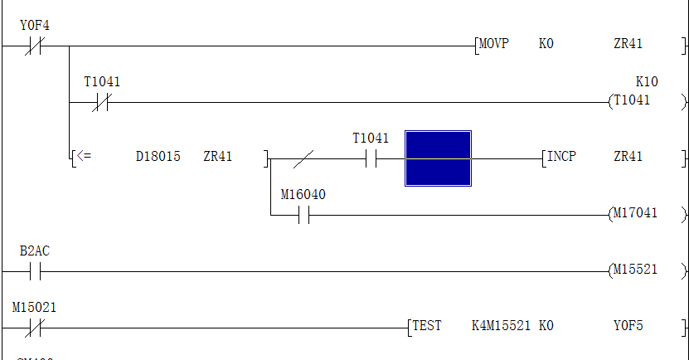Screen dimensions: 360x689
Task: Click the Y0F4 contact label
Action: (x=34, y=26)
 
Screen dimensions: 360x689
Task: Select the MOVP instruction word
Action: (x=495, y=44)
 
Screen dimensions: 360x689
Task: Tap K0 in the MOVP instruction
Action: (x=546, y=44)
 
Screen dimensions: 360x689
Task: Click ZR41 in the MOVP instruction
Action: (x=628, y=44)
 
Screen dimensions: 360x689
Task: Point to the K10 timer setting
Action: (x=646, y=81)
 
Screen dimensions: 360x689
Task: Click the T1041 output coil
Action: (x=633, y=100)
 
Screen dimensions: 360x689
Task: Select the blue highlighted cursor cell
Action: (x=438, y=158)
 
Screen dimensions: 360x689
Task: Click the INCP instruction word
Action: (x=562, y=156)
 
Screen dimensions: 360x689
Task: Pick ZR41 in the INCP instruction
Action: (x=628, y=156)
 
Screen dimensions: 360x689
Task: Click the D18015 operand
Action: (x=158, y=156)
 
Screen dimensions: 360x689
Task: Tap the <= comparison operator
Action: (x=84, y=156)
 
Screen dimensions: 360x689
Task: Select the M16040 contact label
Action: (x=303, y=195)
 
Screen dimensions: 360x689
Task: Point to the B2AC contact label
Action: (x=34, y=251)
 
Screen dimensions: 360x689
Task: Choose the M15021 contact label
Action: (x=34, y=307)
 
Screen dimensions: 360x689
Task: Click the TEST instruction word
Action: (x=428, y=326)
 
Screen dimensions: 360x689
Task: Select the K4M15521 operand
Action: (x=501, y=326)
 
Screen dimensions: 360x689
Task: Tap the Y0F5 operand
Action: (x=628, y=326)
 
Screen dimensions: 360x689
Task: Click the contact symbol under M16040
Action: (x=303, y=216)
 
